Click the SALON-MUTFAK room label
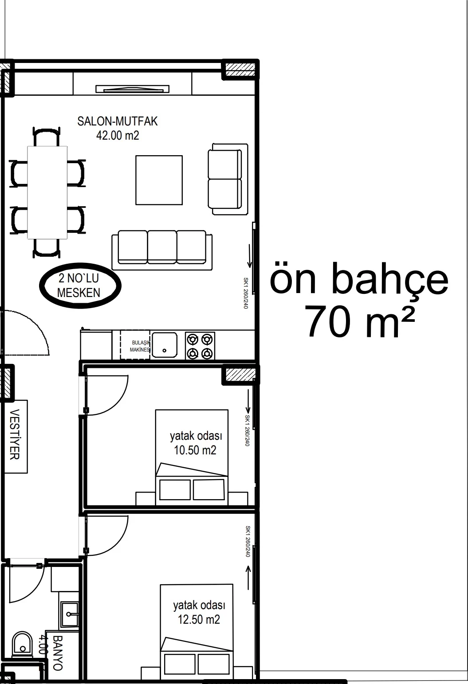click(x=117, y=121)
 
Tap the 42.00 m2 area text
click(x=118, y=135)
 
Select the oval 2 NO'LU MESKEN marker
click(x=80, y=285)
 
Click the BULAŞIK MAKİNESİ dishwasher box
click(x=135, y=345)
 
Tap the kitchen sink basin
click(x=164, y=345)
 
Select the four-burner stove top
click(x=200, y=346)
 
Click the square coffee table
click(x=159, y=180)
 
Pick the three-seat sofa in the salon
click(x=162, y=250)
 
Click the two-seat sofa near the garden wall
click(x=228, y=179)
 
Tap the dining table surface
click(x=47, y=192)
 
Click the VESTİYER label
click(x=15, y=434)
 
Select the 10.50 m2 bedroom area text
click(x=195, y=450)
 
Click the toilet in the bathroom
click(x=22, y=644)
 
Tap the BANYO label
click(x=57, y=653)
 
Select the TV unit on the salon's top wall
click(x=132, y=89)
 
